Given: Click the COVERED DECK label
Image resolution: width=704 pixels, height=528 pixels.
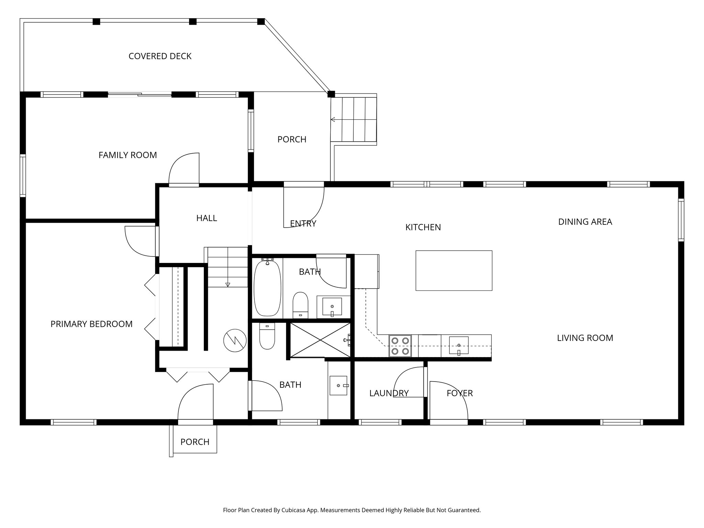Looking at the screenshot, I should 160,56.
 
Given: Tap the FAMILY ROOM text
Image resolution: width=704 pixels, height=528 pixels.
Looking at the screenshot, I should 128,155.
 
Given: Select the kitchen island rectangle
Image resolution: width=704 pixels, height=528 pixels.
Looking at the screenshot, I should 454,271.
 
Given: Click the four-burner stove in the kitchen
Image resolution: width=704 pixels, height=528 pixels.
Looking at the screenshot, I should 400,346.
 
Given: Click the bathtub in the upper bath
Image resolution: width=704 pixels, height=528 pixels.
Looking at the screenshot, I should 267,289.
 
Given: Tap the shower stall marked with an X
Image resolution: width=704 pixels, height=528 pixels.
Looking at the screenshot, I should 320,340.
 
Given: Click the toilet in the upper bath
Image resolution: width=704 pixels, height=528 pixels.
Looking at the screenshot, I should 300,305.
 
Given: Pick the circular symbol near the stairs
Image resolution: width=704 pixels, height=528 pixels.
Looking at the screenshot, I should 235,341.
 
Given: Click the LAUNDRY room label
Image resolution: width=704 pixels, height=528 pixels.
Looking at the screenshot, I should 389,393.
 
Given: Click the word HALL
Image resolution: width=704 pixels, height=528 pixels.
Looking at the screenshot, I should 207,218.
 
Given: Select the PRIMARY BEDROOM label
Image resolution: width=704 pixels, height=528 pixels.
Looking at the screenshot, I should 91,324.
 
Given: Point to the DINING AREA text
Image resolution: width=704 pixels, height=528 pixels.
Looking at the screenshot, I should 585,222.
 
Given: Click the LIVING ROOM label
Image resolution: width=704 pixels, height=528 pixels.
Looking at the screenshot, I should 585,338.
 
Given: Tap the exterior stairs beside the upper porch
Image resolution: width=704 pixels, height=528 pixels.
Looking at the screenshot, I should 354,119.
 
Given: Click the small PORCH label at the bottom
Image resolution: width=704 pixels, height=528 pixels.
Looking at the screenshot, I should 195,442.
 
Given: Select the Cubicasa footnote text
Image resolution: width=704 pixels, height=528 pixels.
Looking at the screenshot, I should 352,510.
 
